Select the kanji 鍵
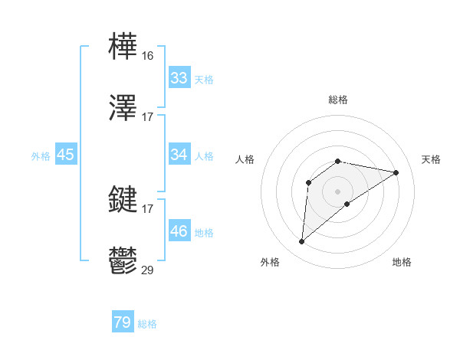[123, 200]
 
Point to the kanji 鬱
[123, 261]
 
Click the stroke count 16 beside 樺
[148, 56]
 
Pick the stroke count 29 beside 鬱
[148, 270]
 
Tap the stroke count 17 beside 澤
[148, 116]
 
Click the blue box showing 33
[179, 78]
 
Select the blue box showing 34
[179, 155]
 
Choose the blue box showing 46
[179, 231]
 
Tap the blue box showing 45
[66, 155]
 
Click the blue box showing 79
[123, 322]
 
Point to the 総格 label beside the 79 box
[148, 324]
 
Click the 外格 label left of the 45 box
[41, 156]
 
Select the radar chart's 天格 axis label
[432, 159]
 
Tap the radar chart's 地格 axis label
[402, 262]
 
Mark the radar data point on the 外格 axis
[302, 242]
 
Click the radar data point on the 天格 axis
[396, 172]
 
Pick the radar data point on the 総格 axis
[338, 161]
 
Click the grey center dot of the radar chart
[338, 191]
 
